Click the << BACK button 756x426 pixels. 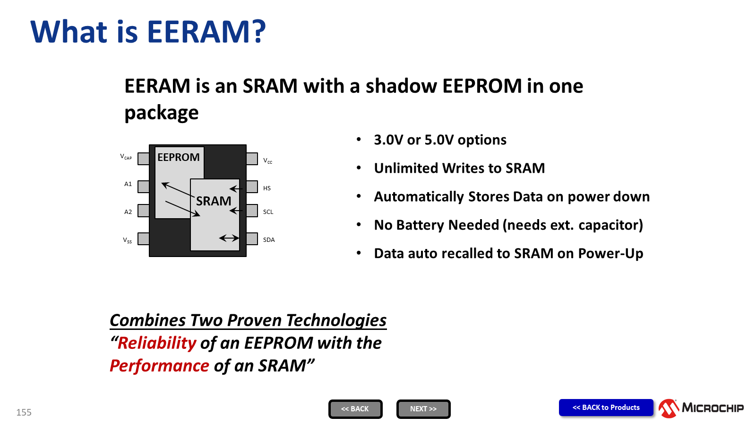pos(355,409)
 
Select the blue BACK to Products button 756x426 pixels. pos(606,408)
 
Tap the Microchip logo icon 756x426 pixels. pos(669,408)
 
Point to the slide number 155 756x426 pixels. pos(24,412)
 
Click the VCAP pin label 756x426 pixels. pos(126,157)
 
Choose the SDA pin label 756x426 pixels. pos(269,240)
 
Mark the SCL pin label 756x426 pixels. pos(268,212)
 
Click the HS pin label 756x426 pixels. pos(266,188)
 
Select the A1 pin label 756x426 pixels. pos(128,184)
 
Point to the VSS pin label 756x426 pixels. pos(127,240)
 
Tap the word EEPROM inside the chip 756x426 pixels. pos(179,157)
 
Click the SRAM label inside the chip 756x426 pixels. pos(214,201)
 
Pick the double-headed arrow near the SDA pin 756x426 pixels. pos(229,239)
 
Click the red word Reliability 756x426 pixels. pos(156,343)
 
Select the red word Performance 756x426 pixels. pos(159,366)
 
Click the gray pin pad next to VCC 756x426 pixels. pos(252,159)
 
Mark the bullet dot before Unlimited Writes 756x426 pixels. pos(359,168)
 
